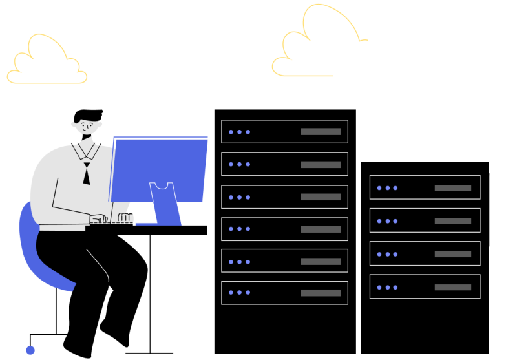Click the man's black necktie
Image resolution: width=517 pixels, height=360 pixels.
click(x=86, y=173)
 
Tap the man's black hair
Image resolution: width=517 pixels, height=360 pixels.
click(x=87, y=116)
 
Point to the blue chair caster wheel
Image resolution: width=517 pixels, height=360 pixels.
click(x=30, y=350)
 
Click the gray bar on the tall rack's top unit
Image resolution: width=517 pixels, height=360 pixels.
click(x=320, y=131)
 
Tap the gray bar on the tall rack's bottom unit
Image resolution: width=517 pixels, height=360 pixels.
click(x=320, y=293)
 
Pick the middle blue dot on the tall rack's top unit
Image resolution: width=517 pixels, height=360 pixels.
click(x=239, y=132)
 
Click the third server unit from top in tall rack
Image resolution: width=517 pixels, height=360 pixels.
click(x=284, y=196)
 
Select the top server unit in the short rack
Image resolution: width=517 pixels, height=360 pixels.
click(x=425, y=187)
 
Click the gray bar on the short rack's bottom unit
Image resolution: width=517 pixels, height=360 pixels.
click(x=452, y=287)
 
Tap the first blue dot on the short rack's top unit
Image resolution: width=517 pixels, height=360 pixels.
click(x=379, y=188)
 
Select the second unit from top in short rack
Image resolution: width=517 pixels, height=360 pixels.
click(x=425, y=220)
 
